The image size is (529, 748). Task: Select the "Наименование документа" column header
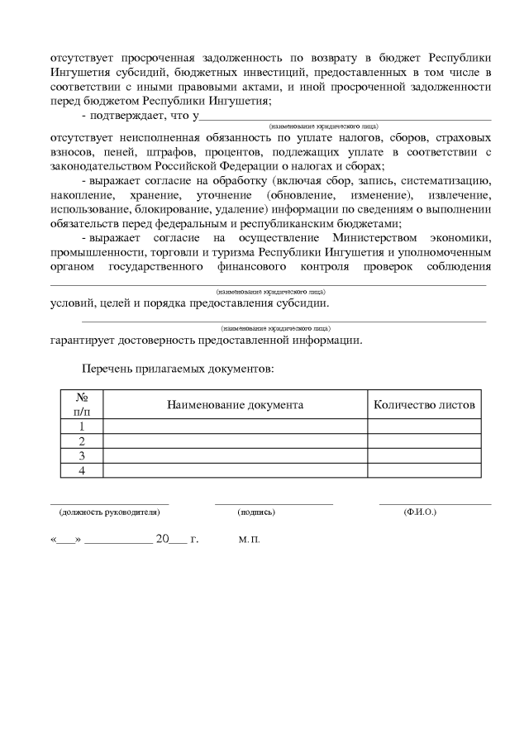(x=235, y=405)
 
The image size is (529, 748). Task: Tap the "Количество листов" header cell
(x=424, y=405)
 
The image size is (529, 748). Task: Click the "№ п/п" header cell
(x=82, y=404)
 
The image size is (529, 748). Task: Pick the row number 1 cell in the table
(x=82, y=426)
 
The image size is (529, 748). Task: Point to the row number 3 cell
(x=82, y=455)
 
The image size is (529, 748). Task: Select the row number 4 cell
(x=82, y=470)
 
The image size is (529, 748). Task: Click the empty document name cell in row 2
(x=235, y=441)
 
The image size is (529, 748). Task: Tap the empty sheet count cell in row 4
(x=424, y=470)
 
